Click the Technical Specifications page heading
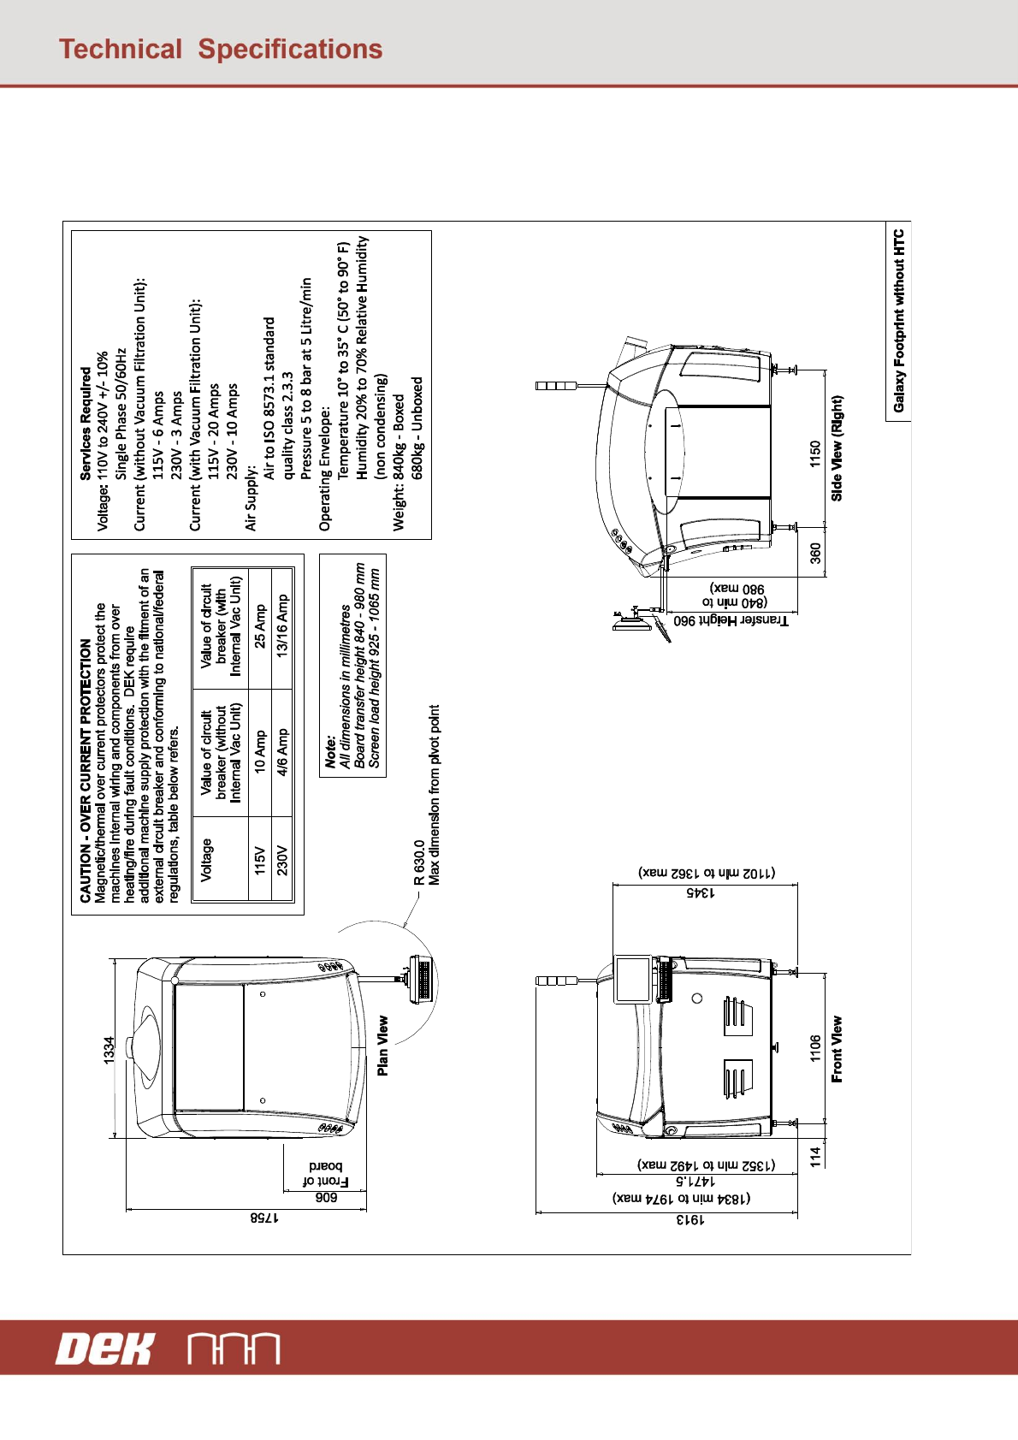(x=221, y=50)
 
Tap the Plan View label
(x=382, y=1045)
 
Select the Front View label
(x=837, y=1048)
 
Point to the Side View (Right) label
(x=837, y=447)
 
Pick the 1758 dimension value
(x=264, y=1217)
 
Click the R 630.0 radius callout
(x=419, y=862)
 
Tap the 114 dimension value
(x=815, y=1156)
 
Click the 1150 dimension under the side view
(x=814, y=453)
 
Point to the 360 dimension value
(x=815, y=553)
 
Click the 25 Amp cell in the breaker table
(x=260, y=627)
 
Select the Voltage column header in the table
(x=206, y=859)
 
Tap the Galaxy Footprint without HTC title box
(x=898, y=321)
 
